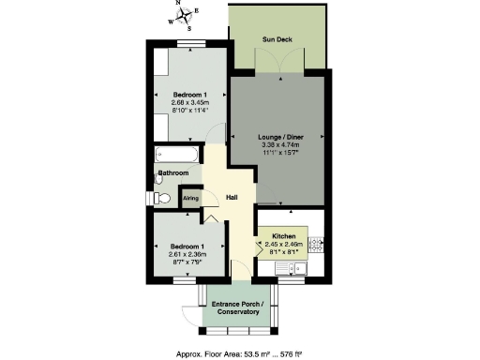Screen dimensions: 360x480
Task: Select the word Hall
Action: [232, 197]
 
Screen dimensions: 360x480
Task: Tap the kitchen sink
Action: [301, 269]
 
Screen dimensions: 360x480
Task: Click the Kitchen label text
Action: [284, 235]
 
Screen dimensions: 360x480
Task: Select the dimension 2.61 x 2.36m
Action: [186, 254]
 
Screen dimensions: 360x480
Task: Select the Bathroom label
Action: [173, 173]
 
